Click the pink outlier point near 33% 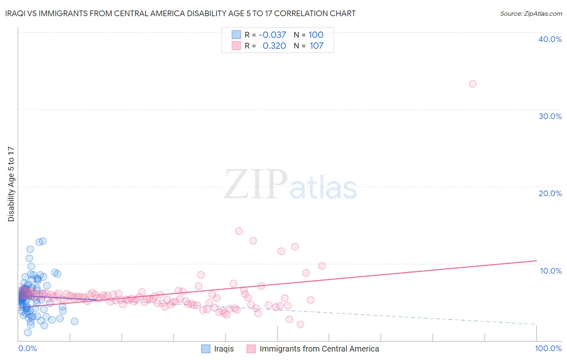click(x=473, y=84)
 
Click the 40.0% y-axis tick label click(x=550, y=39)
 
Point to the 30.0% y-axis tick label click(x=550, y=116)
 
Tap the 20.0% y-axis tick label click(x=550, y=193)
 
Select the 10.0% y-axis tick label click(x=550, y=271)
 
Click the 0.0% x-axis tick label click(x=27, y=348)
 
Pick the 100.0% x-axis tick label click(x=548, y=348)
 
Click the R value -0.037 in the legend click(x=272, y=35)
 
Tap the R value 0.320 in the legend click(x=274, y=46)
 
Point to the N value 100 click(x=316, y=35)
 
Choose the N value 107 click(x=316, y=46)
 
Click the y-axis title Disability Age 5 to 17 click(x=11, y=184)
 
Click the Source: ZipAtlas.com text click(x=531, y=13)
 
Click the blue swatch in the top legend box click(x=236, y=35)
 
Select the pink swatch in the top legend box click(x=236, y=46)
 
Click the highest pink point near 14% click(x=239, y=231)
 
